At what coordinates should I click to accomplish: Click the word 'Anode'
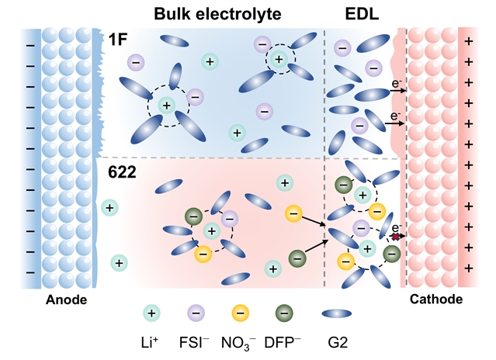(66, 299)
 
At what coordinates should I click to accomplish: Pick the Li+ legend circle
(153, 313)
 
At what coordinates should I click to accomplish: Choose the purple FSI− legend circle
(196, 313)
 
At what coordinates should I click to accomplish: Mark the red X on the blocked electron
(395, 237)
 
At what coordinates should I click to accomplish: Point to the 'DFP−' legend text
(283, 344)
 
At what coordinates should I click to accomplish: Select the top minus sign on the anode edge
(30, 45)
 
